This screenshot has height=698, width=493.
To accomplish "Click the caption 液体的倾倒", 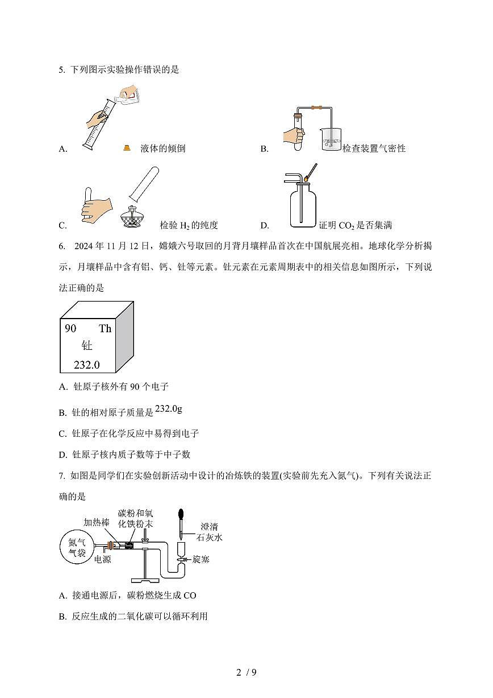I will (162, 149).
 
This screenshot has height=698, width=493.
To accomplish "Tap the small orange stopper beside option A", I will (128, 148).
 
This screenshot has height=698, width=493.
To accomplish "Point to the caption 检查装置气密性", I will (374, 149).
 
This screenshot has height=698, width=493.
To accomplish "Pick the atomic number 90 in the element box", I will (70, 329).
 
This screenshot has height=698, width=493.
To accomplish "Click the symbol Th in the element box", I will (105, 329).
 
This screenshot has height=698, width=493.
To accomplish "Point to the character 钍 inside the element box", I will (87, 346).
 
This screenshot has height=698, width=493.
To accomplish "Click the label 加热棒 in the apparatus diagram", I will (96, 522).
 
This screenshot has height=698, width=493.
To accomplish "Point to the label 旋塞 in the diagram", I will (201, 560).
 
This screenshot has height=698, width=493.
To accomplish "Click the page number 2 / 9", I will (246, 672).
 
